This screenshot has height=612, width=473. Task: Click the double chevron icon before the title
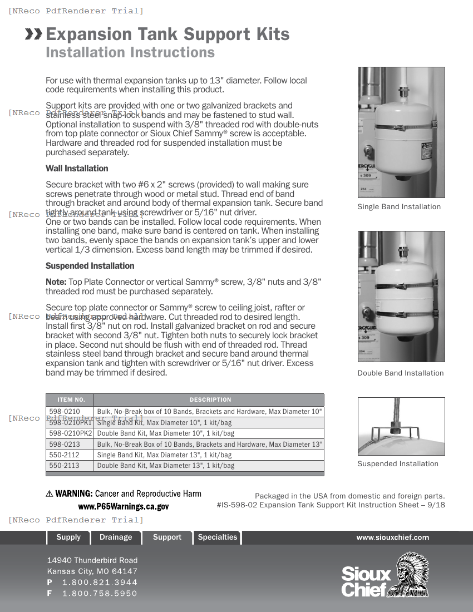[34, 34]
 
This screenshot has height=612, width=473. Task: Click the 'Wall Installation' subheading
[77, 169]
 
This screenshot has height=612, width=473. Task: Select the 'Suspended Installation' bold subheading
[90, 266]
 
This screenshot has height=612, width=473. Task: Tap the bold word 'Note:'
[56, 282]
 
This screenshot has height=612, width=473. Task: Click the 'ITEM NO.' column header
[71, 399]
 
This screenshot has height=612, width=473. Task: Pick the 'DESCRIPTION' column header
[210, 399]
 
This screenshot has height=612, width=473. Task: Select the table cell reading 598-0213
[65, 444]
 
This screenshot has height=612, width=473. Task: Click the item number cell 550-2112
[65, 455]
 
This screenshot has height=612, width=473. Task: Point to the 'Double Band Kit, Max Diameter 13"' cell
[165, 466]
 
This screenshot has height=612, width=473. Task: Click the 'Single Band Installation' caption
[398, 207]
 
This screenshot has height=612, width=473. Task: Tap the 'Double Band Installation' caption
[400, 373]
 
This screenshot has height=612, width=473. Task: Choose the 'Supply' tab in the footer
[68, 537]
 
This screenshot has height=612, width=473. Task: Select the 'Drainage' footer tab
[116, 537]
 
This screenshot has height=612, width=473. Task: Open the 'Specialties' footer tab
[217, 537]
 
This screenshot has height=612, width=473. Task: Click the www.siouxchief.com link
[392, 537]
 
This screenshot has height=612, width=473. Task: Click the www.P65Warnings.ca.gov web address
[123, 507]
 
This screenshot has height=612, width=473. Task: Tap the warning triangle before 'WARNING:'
[50, 494]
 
